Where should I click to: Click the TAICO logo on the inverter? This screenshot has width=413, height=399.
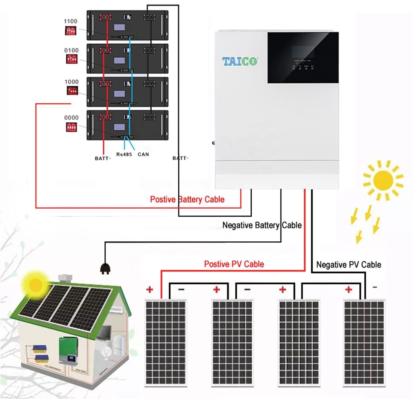tap(240, 61)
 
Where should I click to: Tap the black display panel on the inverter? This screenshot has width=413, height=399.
tap(303, 57)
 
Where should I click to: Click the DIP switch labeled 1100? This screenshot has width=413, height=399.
tap(71, 30)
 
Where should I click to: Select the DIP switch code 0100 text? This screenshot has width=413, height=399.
tap(71, 50)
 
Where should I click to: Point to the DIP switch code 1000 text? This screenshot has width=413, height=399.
tap(72, 82)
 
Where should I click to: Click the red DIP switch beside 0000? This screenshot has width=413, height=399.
tap(71, 127)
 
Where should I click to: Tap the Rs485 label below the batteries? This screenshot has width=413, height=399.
tap(124, 154)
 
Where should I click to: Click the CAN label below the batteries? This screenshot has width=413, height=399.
tap(143, 154)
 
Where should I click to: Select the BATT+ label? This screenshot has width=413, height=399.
tap(103, 159)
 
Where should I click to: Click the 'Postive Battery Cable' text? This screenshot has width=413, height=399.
tap(187, 199)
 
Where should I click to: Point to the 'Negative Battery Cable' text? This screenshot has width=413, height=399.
tap(262, 225)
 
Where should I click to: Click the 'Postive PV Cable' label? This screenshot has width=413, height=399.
tap(234, 264)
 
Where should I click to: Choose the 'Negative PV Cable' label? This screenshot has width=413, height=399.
tap(348, 265)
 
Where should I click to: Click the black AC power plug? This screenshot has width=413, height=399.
tap(105, 268)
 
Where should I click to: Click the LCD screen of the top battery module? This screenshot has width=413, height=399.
tap(119, 28)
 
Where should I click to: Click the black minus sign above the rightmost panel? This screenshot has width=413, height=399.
tap(375, 287)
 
